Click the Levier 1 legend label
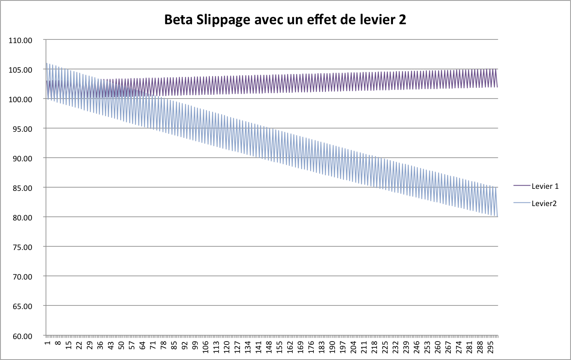click(545, 186)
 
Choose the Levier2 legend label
click(544, 204)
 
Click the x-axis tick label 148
click(269, 346)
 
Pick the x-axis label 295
click(491, 346)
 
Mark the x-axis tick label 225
click(385, 346)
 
